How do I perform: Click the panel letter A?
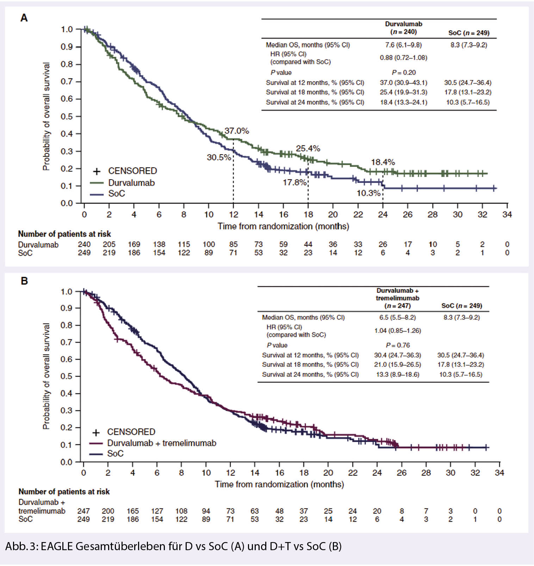pyautogui.click(x=24, y=18)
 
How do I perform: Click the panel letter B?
pyautogui.click(x=24, y=281)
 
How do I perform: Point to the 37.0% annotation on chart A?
pyautogui.click(x=237, y=131)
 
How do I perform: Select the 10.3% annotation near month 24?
pyautogui.click(x=368, y=193)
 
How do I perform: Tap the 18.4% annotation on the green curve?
pyautogui.click(x=383, y=162)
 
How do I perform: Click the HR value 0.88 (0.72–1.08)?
pyautogui.click(x=403, y=58)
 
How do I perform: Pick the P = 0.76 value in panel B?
pyautogui.click(x=398, y=345)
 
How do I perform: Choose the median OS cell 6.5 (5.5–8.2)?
pyautogui.click(x=397, y=317)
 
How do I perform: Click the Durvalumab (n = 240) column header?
pyautogui.click(x=403, y=28)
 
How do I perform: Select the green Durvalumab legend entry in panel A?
pyautogui.click(x=131, y=183)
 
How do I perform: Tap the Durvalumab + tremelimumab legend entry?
pyautogui.click(x=161, y=443)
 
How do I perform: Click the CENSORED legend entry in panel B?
pyautogui.click(x=131, y=432)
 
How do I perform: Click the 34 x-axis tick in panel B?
pyautogui.click(x=499, y=473)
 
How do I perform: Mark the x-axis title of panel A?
pyautogui.click(x=283, y=226)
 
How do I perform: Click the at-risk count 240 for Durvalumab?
pyautogui.click(x=84, y=244)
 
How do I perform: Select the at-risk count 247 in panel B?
pyautogui.click(x=83, y=511)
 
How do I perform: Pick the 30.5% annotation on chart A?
pyautogui.click(x=219, y=157)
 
